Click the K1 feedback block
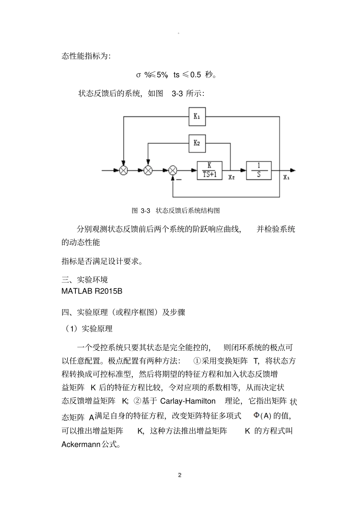click(x=197, y=116)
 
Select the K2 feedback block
click(x=197, y=143)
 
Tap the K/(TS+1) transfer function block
click(x=209, y=170)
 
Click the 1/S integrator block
click(x=259, y=170)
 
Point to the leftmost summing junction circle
click(x=124, y=170)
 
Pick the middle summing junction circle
click(x=148, y=170)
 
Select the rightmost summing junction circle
click(x=173, y=170)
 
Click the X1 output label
click(x=286, y=177)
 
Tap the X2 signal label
click(x=232, y=177)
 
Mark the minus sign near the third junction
click(x=179, y=180)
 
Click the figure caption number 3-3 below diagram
click(x=146, y=211)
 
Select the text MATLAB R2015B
click(x=92, y=292)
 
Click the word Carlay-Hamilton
click(x=188, y=401)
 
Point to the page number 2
click(x=180, y=475)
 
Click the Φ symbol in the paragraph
click(x=257, y=415)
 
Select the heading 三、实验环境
click(x=85, y=279)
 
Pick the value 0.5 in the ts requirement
click(x=196, y=75)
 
